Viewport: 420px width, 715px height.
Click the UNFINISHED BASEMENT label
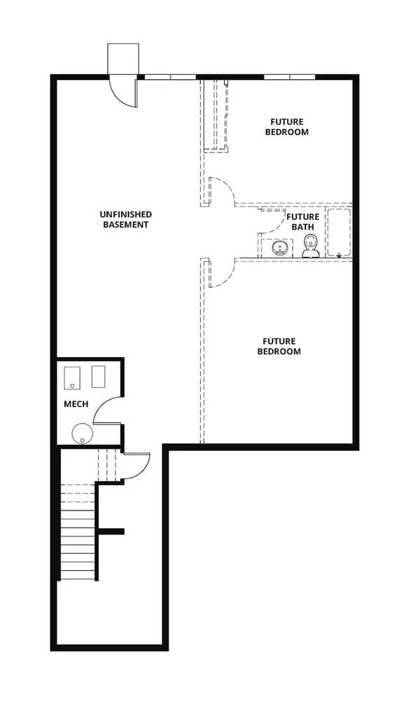pyautogui.click(x=125, y=219)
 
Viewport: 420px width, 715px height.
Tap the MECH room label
pyautogui.click(x=76, y=404)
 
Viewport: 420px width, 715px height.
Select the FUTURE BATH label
pyautogui.click(x=303, y=221)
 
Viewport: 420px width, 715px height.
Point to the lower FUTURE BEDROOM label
pyautogui.click(x=279, y=346)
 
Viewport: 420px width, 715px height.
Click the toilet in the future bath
pyautogui.click(x=310, y=247)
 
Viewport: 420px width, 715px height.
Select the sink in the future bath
pyautogui.click(x=279, y=248)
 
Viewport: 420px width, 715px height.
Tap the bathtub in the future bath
pyautogui.click(x=339, y=232)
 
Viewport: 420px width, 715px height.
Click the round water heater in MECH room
pyautogui.click(x=82, y=433)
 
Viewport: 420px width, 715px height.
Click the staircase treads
pyautogui.click(x=78, y=532)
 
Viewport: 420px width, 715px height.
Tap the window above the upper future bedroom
pyautogui.click(x=290, y=76)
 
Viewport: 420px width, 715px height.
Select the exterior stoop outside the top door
pyautogui.click(x=123, y=59)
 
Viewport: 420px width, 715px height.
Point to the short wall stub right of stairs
pyautogui.click(x=111, y=532)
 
